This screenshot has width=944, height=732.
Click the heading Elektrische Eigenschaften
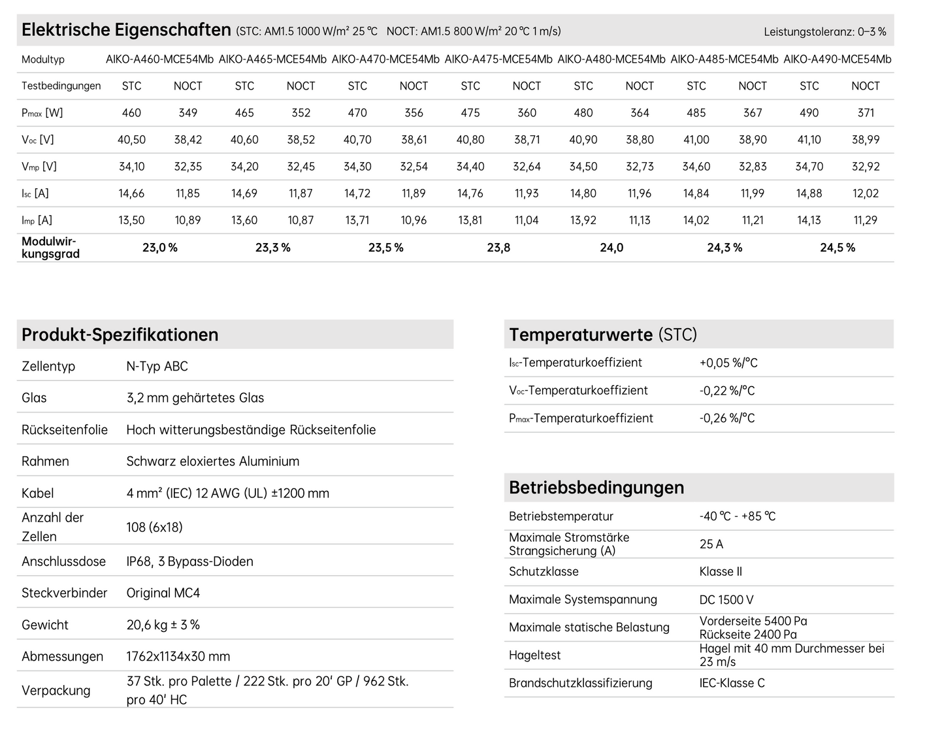[126, 30]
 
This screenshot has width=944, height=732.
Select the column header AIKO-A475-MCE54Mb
[498, 59]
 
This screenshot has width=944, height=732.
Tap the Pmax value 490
[809, 112]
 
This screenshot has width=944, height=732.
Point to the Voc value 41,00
[696, 139]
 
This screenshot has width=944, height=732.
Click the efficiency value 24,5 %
[838, 248]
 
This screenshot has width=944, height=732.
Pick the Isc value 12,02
[865, 193]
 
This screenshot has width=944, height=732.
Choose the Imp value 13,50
[131, 220]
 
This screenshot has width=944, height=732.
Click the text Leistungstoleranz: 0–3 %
[824, 31]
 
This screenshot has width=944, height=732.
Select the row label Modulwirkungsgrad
[50, 248]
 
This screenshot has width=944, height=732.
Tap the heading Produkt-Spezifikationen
[120, 335]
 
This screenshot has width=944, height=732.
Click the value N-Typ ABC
[157, 366]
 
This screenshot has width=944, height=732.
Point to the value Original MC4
[163, 593]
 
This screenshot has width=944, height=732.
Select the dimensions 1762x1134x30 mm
[178, 656]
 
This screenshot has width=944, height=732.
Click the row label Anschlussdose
[63, 561]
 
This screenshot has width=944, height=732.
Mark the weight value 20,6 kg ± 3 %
[163, 625]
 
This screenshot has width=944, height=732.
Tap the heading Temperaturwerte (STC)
[602, 335]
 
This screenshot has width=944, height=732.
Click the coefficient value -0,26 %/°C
[726, 418]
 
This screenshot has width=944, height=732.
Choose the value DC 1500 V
[726, 599]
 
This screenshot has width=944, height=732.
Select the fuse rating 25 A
[711, 544]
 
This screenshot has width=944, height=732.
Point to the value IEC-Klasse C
[732, 683]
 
